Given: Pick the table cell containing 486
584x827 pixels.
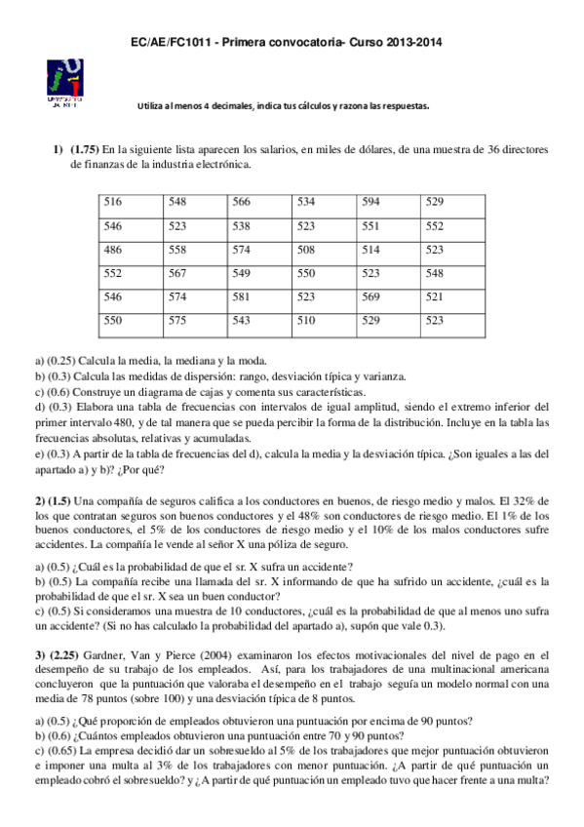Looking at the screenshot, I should (x=113, y=250).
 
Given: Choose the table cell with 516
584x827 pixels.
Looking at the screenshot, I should (x=113, y=202).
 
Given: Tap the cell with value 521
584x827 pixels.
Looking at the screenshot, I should (x=435, y=296).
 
